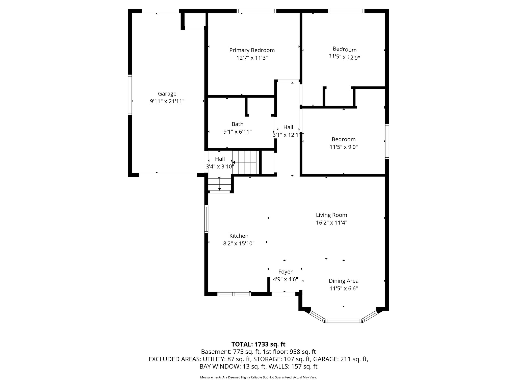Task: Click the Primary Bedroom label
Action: (x=252, y=50)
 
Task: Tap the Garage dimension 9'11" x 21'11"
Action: (x=167, y=101)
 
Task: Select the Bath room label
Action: (x=237, y=124)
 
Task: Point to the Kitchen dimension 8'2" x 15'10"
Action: (x=239, y=244)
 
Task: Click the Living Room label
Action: (x=331, y=215)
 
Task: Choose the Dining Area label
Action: (x=343, y=281)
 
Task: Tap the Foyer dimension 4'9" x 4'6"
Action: (x=285, y=279)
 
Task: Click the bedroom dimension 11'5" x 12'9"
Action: (x=344, y=57)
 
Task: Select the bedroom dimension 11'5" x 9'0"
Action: (x=343, y=147)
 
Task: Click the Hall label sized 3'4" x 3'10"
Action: (x=220, y=159)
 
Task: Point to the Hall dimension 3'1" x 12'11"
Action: (x=288, y=135)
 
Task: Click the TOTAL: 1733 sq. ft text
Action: (x=258, y=344)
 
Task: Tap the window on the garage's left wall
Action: (x=130, y=95)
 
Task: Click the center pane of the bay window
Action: (x=343, y=321)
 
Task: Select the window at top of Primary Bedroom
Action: (x=256, y=11)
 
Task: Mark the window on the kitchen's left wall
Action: (x=206, y=219)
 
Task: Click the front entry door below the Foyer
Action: (x=283, y=294)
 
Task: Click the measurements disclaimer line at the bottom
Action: (x=258, y=377)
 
